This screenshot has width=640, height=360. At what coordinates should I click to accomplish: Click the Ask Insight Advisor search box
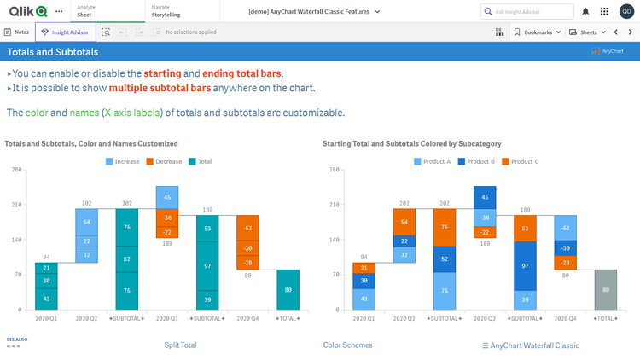(529, 12)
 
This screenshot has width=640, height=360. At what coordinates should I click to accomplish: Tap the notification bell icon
(585, 12)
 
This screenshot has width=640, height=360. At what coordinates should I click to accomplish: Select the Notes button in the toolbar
(17, 32)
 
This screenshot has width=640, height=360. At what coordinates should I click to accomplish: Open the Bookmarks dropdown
(538, 32)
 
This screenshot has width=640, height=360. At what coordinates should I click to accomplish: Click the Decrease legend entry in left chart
(167, 160)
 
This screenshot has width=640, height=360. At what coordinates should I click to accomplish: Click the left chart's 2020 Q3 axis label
(167, 317)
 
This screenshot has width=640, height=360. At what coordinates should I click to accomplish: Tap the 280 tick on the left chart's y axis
(16, 170)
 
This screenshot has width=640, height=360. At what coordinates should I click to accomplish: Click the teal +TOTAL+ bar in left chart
(288, 289)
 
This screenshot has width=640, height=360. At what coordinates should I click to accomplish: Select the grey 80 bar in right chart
(605, 289)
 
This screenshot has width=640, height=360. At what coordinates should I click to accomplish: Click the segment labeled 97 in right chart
(525, 265)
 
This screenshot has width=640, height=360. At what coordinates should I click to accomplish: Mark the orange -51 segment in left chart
(247, 228)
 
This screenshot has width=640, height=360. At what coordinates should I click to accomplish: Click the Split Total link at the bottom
(180, 345)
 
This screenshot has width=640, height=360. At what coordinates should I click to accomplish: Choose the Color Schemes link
(347, 345)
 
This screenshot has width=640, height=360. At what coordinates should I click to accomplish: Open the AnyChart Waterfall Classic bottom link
(531, 345)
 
